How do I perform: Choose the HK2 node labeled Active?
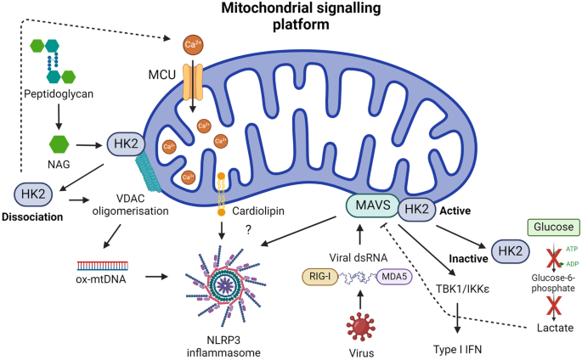[418, 209]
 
